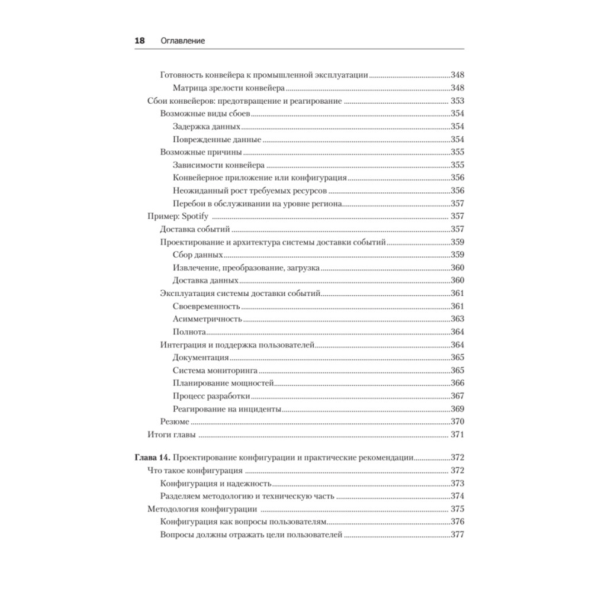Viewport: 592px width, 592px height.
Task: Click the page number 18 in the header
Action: pos(140,41)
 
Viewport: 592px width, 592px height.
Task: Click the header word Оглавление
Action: pos(182,41)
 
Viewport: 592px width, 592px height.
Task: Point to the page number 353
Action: pos(457,101)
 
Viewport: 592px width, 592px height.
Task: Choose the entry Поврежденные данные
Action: pos(217,140)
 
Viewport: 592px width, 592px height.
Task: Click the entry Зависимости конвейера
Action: pos(218,165)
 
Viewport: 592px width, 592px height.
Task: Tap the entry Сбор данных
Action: pos(198,255)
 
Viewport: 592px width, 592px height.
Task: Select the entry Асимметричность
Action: pos(207,319)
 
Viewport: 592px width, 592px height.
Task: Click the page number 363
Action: pos(457,319)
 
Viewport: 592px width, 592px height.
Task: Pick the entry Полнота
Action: pos(189,332)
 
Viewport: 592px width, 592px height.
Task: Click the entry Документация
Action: pos(201,358)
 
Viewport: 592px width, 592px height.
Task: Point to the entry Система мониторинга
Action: pos(215,371)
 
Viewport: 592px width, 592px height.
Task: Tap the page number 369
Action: pos(457,409)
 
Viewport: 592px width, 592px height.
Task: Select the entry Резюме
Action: pos(175,422)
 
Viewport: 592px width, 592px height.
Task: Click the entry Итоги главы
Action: pos(172,435)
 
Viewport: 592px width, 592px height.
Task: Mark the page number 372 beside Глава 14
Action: pos(457,457)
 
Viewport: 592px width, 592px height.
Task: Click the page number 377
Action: pos(457,535)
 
